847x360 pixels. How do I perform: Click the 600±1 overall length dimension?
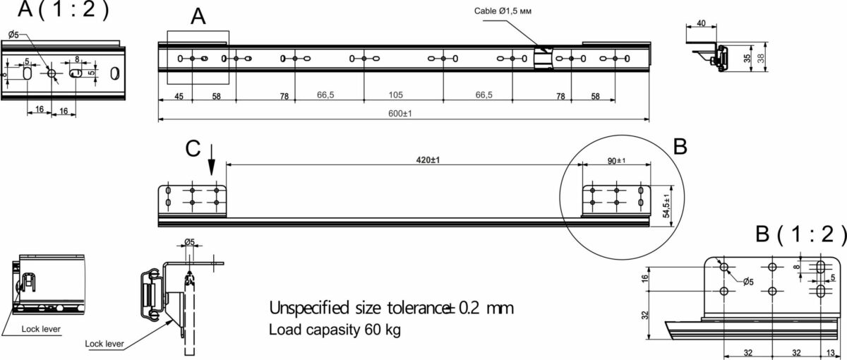click(400, 114)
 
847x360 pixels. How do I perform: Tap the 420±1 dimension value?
click(428, 160)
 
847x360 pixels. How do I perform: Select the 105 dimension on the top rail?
click(396, 95)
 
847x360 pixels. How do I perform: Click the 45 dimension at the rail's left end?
click(179, 97)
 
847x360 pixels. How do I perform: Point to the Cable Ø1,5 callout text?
click(503, 11)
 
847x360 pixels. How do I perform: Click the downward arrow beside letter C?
click(211, 160)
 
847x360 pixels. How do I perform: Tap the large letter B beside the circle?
click(680, 146)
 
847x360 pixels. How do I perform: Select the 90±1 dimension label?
click(616, 161)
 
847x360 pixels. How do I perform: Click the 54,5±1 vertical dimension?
click(666, 205)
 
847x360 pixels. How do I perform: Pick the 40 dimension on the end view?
click(701, 23)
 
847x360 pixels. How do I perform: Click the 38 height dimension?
click(761, 58)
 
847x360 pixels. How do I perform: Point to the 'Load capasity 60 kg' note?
click(335, 330)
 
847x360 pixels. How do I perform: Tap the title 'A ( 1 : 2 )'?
click(63, 9)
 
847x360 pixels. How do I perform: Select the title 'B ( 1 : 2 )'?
click(800, 234)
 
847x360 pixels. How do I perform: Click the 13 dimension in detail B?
click(830, 352)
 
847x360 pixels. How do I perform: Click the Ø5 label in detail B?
click(748, 282)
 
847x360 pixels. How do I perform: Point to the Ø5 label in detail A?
click(13, 35)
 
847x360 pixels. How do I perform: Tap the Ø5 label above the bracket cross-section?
click(189, 241)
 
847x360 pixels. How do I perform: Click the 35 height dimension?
click(747, 58)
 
